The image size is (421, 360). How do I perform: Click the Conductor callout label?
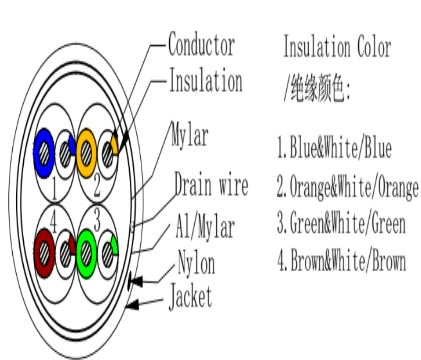[201, 45]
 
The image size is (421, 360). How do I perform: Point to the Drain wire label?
[211, 185]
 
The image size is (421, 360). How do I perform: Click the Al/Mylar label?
[204, 227]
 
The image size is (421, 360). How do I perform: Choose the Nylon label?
[196, 263]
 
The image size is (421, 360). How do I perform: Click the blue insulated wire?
[44, 153]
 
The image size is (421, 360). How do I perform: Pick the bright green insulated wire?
[86, 253]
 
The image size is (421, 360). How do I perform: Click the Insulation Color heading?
[337, 47]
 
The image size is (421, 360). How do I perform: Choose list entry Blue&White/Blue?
[335, 148]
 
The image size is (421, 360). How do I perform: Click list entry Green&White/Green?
[341, 224]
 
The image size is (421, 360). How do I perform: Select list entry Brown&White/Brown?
[341, 262]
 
